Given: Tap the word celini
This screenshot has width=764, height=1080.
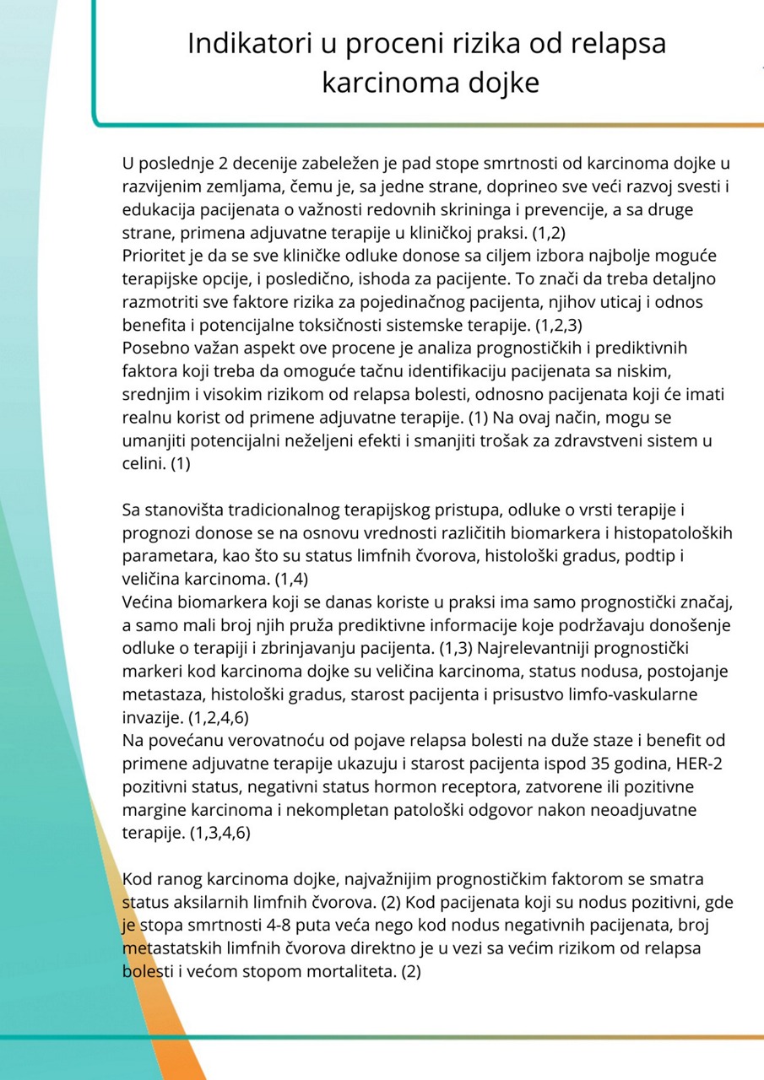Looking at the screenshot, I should [x=144, y=462].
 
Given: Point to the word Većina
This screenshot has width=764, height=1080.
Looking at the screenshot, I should [x=149, y=600].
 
